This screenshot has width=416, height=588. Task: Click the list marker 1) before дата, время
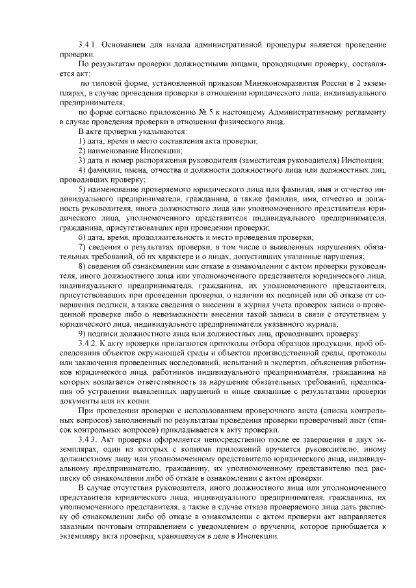click(x=81, y=142)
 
